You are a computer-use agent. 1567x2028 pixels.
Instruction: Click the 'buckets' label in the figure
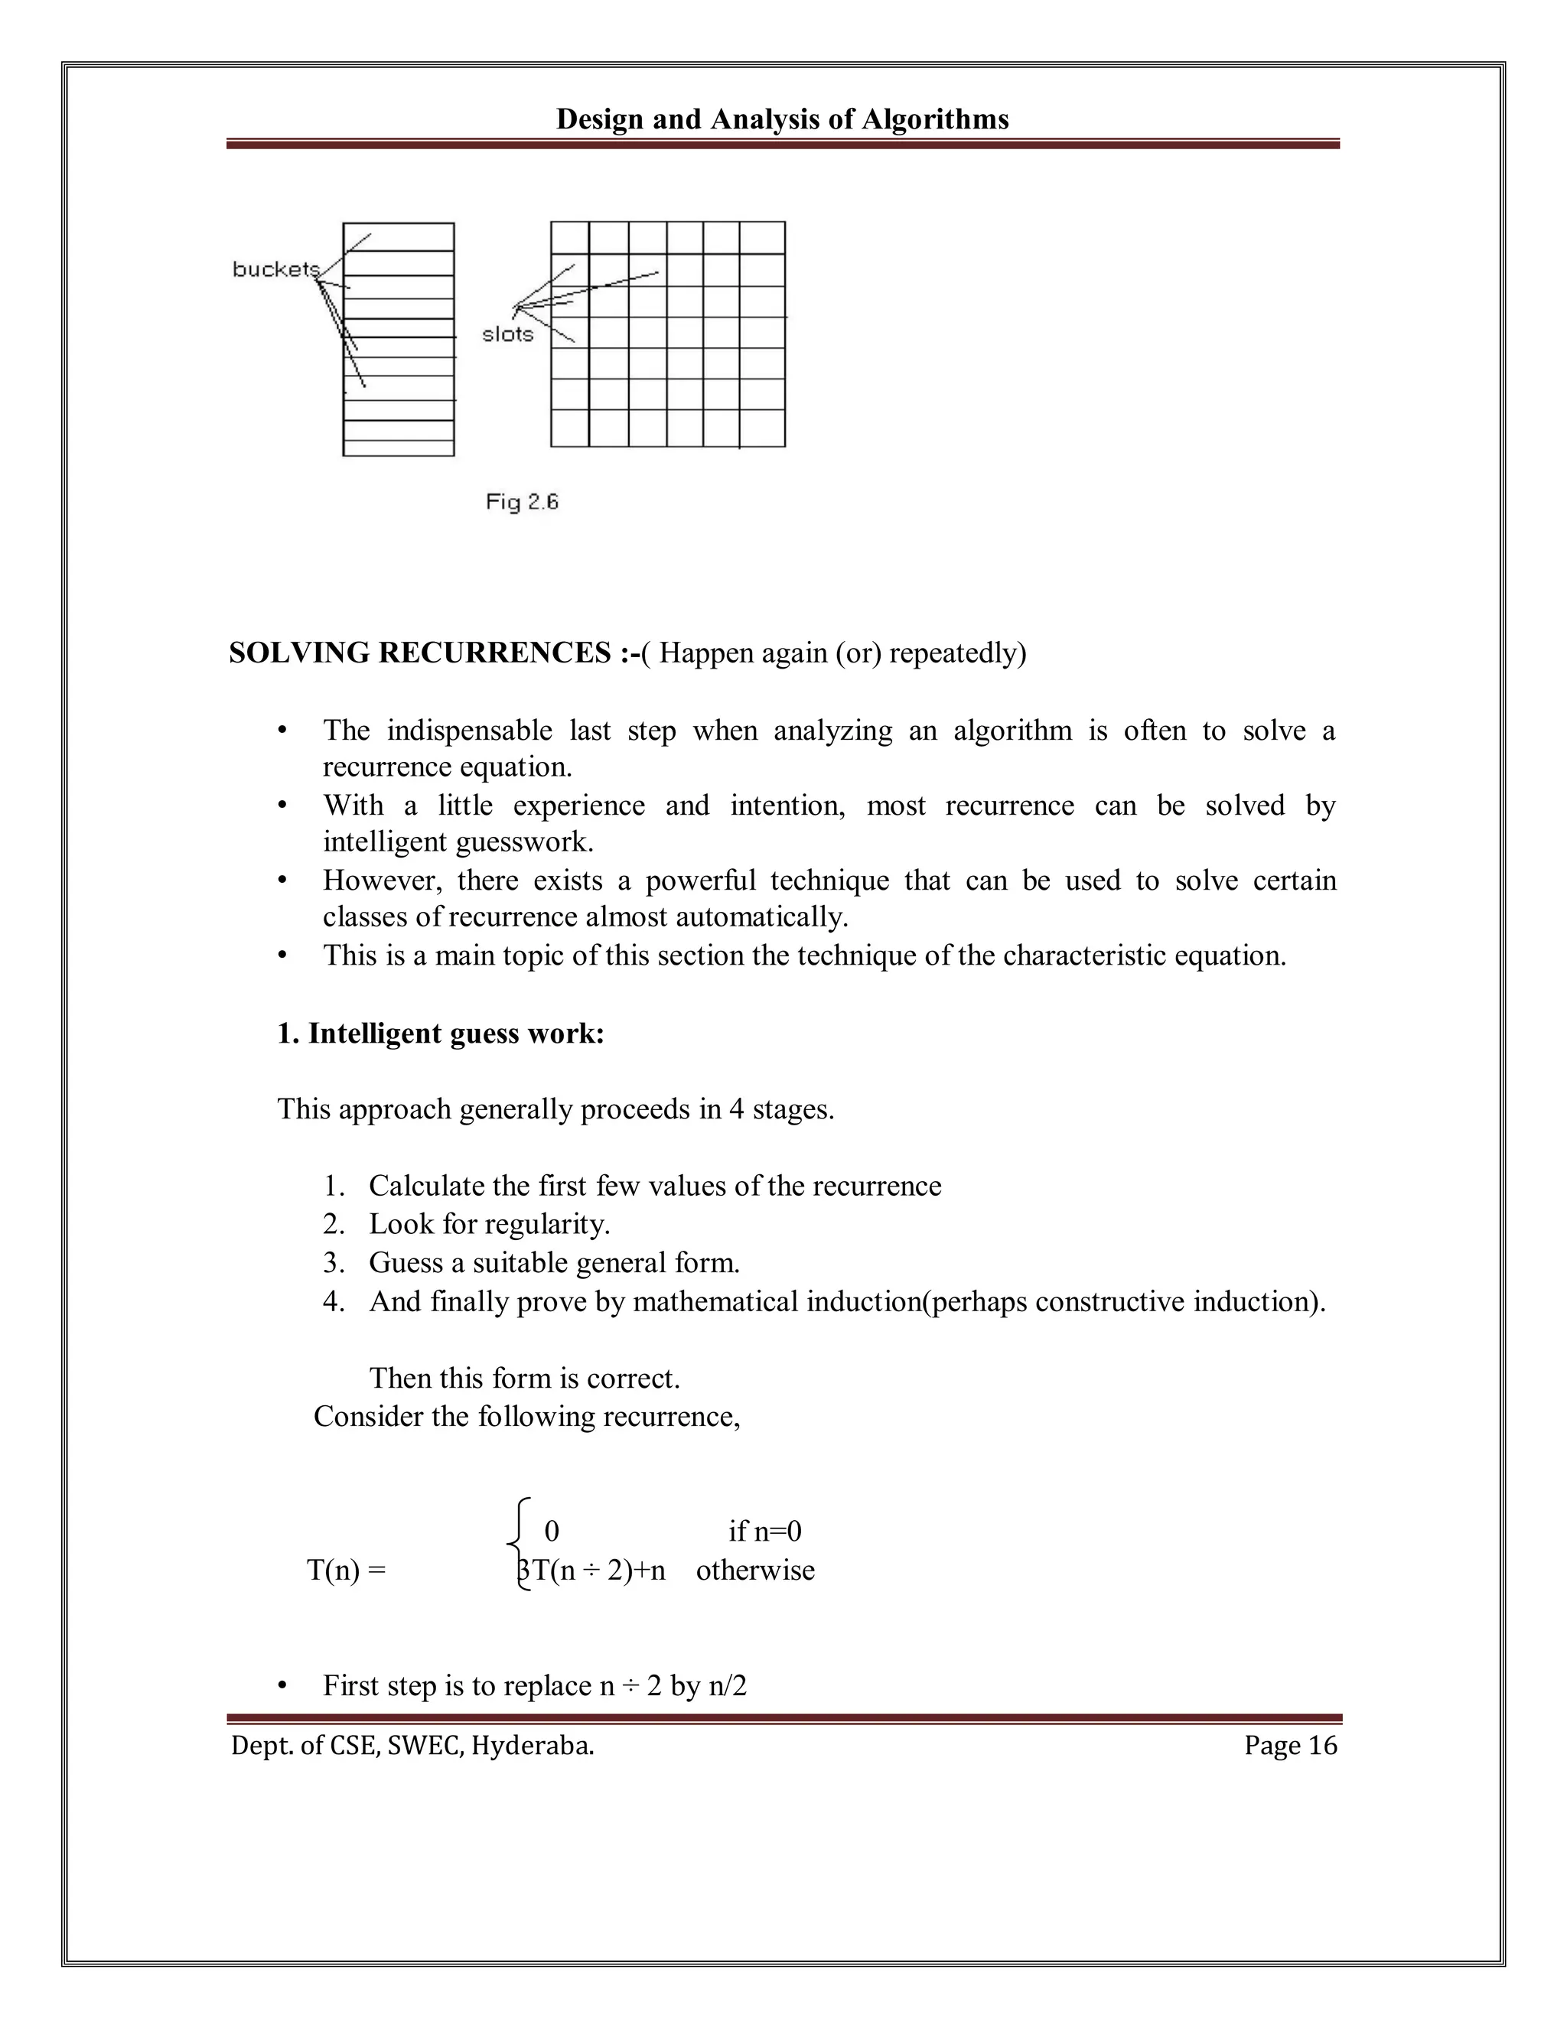point(275,269)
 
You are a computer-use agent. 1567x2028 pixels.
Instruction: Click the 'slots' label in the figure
point(508,334)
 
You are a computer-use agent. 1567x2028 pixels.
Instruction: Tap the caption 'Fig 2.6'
point(522,503)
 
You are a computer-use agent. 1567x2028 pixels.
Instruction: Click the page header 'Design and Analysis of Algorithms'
point(782,119)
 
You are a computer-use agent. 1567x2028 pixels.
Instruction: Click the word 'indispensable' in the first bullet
point(469,731)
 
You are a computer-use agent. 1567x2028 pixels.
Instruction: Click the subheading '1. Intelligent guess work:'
point(440,1034)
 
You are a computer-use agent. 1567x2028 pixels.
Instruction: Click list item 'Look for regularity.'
point(489,1224)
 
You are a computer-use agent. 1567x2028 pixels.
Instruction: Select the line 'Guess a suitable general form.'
point(554,1263)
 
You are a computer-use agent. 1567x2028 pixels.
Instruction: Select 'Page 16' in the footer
point(1290,1746)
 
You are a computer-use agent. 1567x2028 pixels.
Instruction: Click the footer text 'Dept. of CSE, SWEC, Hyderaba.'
point(412,1746)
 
